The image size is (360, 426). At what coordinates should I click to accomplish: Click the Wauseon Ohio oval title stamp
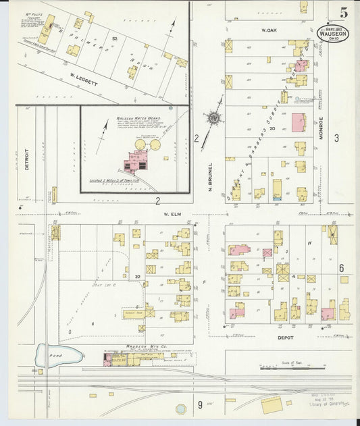click(x=333, y=34)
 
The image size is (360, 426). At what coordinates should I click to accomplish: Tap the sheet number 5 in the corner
click(x=344, y=11)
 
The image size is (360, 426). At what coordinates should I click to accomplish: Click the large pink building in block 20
click(x=298, y=123)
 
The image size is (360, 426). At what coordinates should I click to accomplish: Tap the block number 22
click(x=137, y=277)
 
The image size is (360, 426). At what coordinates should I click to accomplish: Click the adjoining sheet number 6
click(x=342, y=268)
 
